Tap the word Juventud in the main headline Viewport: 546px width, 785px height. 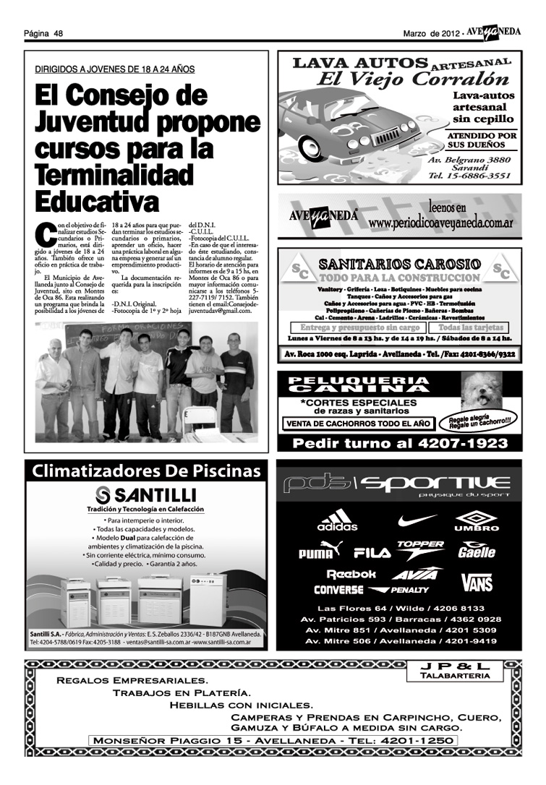click(x=94, y=120)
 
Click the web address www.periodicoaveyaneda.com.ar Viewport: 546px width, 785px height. click(x=440, y=223)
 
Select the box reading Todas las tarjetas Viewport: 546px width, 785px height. click(x=473, y=328)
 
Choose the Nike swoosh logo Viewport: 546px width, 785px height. click(x=418, y=519)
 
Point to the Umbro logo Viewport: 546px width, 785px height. click(x=476, y=520)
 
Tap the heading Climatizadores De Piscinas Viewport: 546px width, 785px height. click(x=146, y=472)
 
